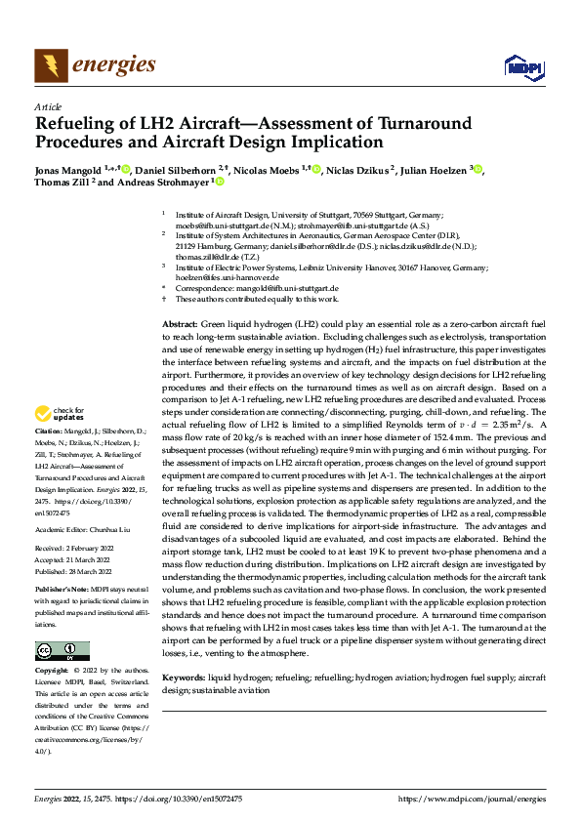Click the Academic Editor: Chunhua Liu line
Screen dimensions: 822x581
[90, 529]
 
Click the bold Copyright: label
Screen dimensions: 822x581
[52, 671]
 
